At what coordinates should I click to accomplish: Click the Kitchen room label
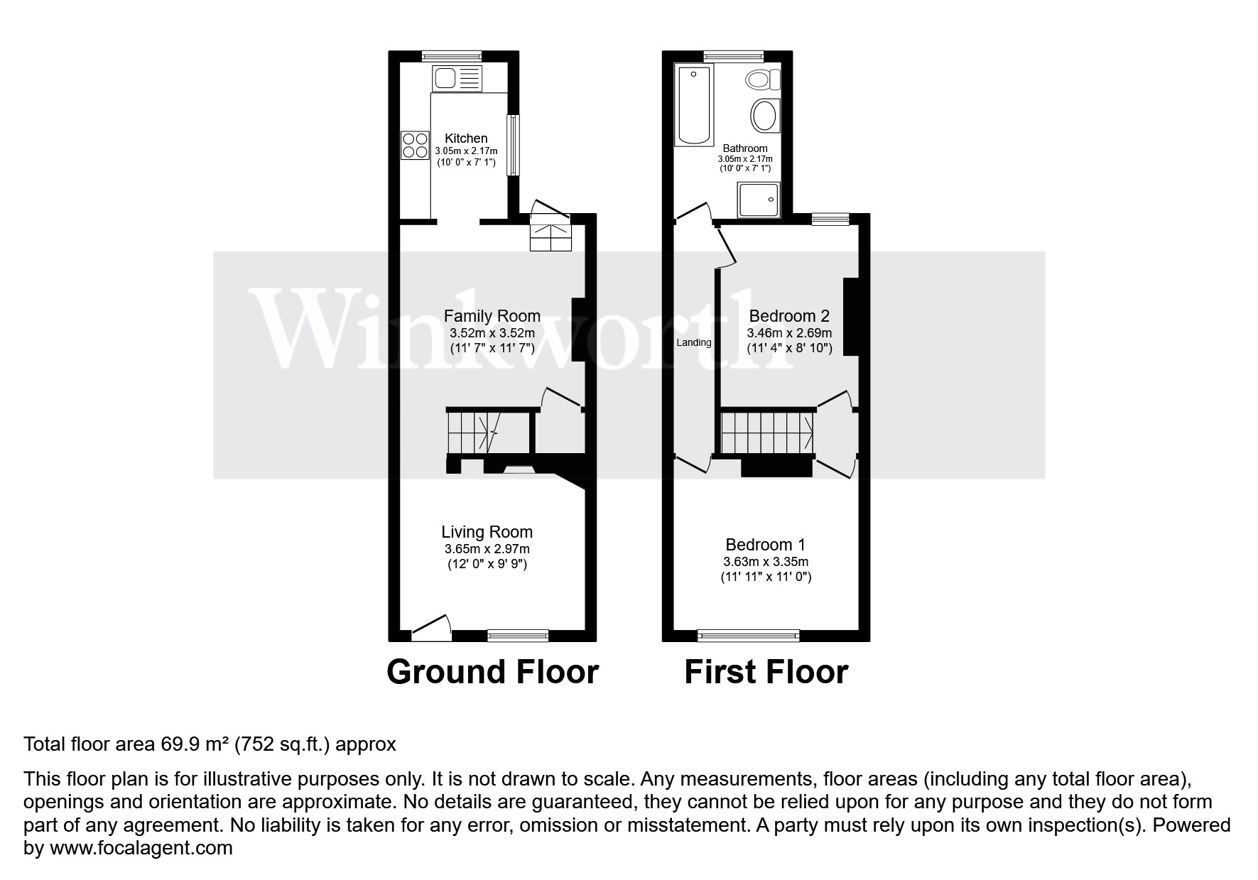pos(466,138)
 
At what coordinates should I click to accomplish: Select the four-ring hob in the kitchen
pos(415,144)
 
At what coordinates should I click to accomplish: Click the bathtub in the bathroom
pos(694,105)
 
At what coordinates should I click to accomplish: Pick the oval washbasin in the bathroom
pos(764,115)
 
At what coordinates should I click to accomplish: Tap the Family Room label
pos(492,316)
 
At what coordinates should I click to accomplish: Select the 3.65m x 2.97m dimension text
pos(487,549)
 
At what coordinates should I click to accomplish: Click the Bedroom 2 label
pos(789,316)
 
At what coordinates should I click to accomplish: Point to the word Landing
pos(693,342)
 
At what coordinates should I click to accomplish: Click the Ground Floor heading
pos(492,672)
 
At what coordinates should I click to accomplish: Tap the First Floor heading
pos(766,672)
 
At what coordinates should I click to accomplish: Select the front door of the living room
pos(431,628)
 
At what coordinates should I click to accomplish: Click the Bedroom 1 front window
pos(749,634)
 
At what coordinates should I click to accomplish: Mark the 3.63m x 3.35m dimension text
pos(766,562)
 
